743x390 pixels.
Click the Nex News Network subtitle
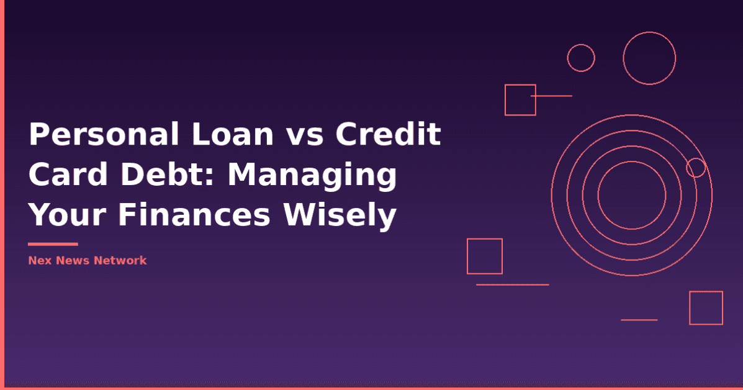87,260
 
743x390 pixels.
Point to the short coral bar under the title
53,244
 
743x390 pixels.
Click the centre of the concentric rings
632,195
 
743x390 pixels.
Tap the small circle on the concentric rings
696,167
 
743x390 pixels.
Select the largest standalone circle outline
649,58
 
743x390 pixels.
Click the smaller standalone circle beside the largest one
581,58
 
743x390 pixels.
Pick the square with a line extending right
520,99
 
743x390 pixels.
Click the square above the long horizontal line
484,256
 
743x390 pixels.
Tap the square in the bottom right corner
706,307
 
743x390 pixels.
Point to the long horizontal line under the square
512,284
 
